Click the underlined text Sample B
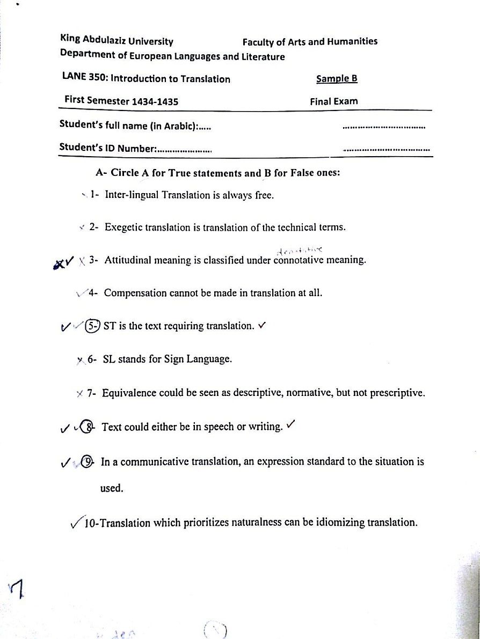pyautogui.click(x=337, y=79)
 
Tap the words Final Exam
pyautogui.click(x=333, y=101)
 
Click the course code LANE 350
pyautogui.click(x=83, y=79)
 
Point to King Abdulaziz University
pyautogui.click(x=117, y=41)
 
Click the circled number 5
pyautogui.click(x=92, y=326)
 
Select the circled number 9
pyautogui.click(x=89, y=461)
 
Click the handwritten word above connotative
pyautogui.click(x=300, y=250)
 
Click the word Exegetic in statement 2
pyautogui.click(x=125, y=227)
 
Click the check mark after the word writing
pyautogui.click(x=291, y=425)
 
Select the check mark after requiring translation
pyautogui.click(x=263, y=325)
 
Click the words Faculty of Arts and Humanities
pyautogui.click(x=310, y=41)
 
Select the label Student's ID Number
pyautogui.click(x=107, y=149)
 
